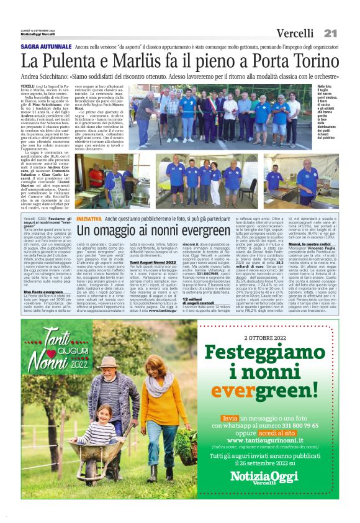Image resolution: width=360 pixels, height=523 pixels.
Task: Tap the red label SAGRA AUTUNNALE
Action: pyautogui.click(x=45, y=47)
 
